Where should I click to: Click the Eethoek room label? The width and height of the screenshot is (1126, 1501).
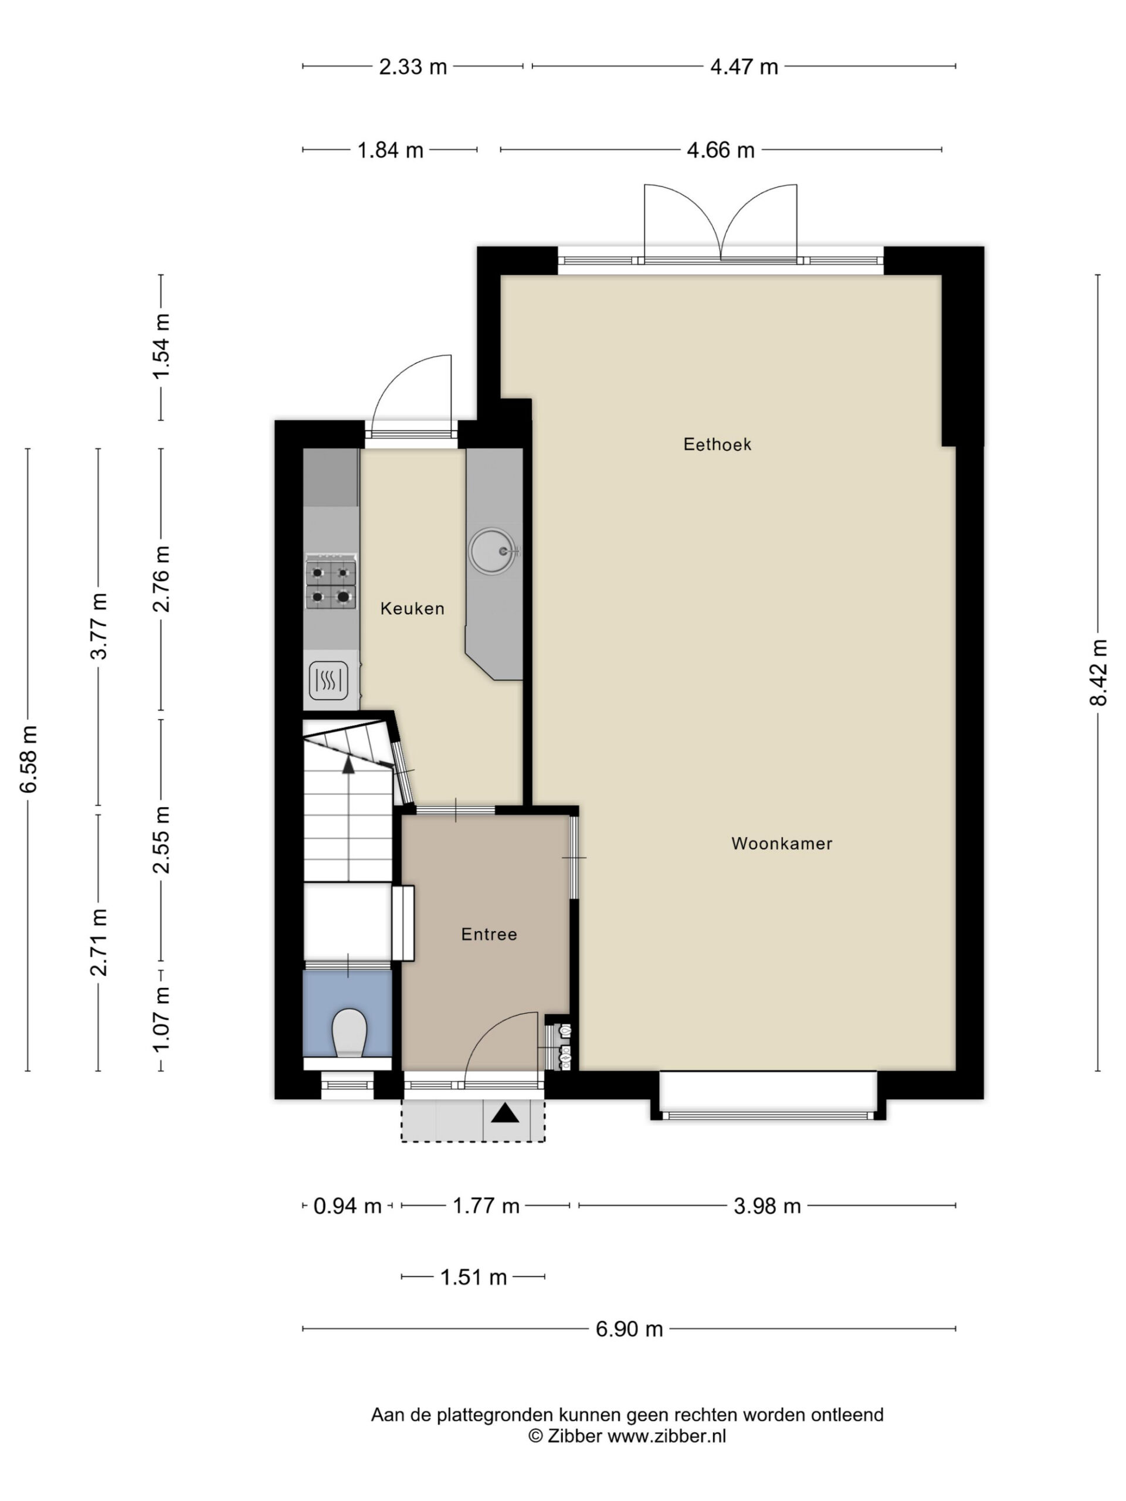[x=717, y=444]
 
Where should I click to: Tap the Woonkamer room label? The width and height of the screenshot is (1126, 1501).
[x=781, y=844]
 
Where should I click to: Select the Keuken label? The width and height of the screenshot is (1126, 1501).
[x=412, y=609]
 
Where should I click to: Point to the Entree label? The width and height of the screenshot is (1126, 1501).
[x=489, y=935]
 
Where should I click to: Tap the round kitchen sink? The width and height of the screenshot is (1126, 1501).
[x=493, y=551]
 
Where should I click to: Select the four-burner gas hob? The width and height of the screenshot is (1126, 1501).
[x=331, y=583]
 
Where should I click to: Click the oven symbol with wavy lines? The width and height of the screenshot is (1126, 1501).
[x=328, y=680]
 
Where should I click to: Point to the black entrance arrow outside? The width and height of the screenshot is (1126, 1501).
[x=504, y=1113]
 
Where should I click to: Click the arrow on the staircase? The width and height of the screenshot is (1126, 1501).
[x=348, y=764]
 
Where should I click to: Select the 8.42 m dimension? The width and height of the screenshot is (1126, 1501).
[x=1098, y=673]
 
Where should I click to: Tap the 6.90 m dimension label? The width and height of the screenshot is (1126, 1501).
[x=629, y=1329]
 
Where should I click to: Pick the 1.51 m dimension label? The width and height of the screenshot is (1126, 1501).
[x=474, y=1278]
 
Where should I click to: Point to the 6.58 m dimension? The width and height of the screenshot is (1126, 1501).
[x=29, y=759]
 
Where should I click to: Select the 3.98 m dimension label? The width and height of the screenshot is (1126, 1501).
[x=767, y=1207]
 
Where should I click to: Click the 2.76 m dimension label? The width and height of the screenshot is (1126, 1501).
[x=161, y=578]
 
